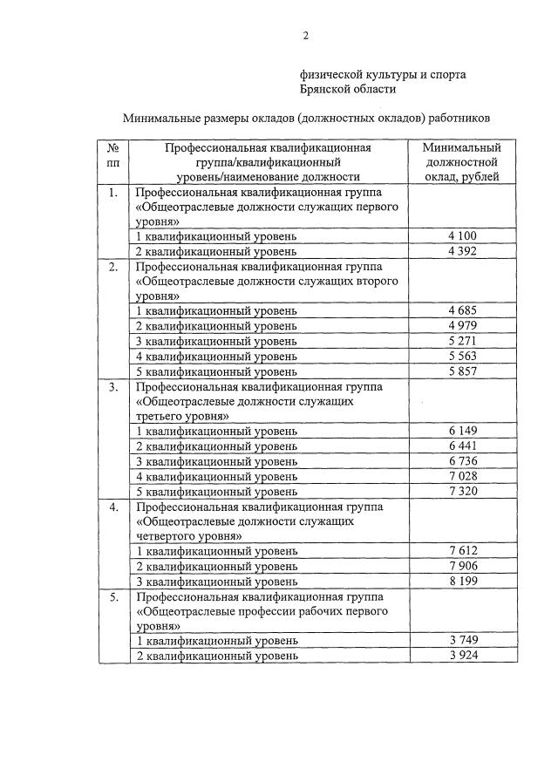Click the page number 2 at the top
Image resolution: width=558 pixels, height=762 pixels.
coord(305,36)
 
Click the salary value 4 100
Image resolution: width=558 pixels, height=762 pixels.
coord(461,236)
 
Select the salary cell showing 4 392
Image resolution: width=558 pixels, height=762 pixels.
coord(461,251)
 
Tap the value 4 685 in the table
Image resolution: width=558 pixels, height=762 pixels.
coord(461,310)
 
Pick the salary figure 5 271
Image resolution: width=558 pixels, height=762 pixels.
coord(461,340)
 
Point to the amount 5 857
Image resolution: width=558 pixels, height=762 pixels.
coord(461,370)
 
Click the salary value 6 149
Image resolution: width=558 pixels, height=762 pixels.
coord(461,431)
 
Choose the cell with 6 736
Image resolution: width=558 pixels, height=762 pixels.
coord(461,460)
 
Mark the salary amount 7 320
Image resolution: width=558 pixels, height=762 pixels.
coord(461,490)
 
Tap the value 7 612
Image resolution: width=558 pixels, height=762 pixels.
coord(461,551)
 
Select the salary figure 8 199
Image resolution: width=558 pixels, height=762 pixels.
coord(461,581)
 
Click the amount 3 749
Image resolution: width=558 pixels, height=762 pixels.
coord(461,641)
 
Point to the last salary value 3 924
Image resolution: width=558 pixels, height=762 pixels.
coord(461,656)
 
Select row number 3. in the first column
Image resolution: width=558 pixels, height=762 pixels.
coord(112,386)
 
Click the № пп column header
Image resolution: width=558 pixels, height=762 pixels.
coord(112,155)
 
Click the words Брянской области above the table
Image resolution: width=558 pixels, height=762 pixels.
coord(348,89)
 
